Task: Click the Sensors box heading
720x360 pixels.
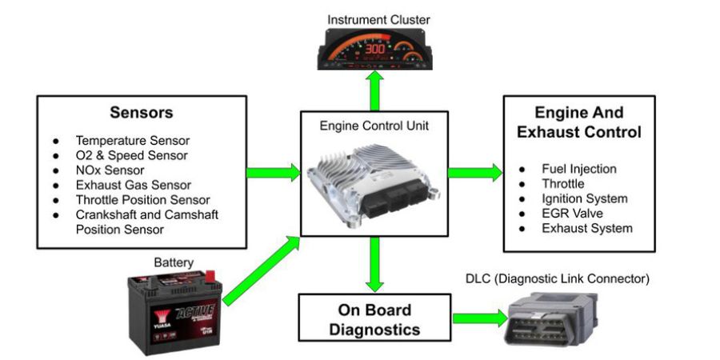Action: coord(141,113)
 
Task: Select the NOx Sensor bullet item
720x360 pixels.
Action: coord(110,170)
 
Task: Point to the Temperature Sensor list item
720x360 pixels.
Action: coord(132,141)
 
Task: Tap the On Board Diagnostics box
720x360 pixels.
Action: coord(374,319)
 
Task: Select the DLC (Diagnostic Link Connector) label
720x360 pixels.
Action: coord(557,279)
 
